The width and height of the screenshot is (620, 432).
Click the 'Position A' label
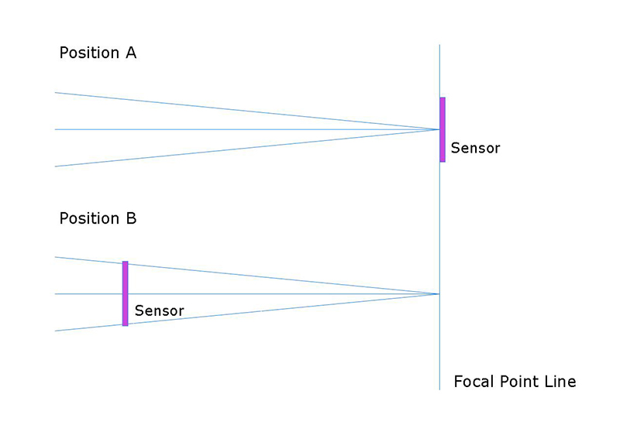pyautogui.click(x=98, y=53)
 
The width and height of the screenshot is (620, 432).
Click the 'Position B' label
pyautogui.click(x=98, y=218)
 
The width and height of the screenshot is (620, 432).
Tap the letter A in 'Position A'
pyautogui.click(x=130, y=53)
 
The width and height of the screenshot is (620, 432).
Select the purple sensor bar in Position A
pyautogui.click(x=443, y=129)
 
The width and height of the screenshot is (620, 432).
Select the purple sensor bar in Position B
pyautogui.click(x=125, y=293)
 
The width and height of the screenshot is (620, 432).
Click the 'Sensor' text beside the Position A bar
pyautogui.click(x=475, y=148)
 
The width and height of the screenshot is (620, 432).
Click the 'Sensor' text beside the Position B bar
pyautogui.click(x=159, y=310)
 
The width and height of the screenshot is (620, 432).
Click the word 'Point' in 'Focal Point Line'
pyautogui.click(x=518, y=382)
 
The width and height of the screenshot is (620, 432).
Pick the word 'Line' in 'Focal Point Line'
pyautogui.click(x=560, y=382)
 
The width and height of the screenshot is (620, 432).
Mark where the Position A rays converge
pyautogui.click(x=439, y=129)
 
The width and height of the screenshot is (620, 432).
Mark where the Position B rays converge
pyautogui.click(x=439, y=293)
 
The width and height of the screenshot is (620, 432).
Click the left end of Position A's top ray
pyautogui.click(x=55, y=93)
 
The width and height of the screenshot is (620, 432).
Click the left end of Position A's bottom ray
pyautogui.click(x=55, y=166)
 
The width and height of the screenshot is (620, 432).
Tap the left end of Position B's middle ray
pyautogui.click(x=55, y=293)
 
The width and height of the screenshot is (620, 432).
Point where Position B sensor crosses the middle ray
pyautogui.click(x=125, y=293)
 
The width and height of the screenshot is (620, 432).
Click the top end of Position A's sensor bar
pyautogui.click(x=443, y=98)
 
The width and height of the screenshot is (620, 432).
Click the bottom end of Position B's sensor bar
pyautogui.click(x=125, y=324)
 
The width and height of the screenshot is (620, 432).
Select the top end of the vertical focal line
pyautogui.click(x=439, y=45)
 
